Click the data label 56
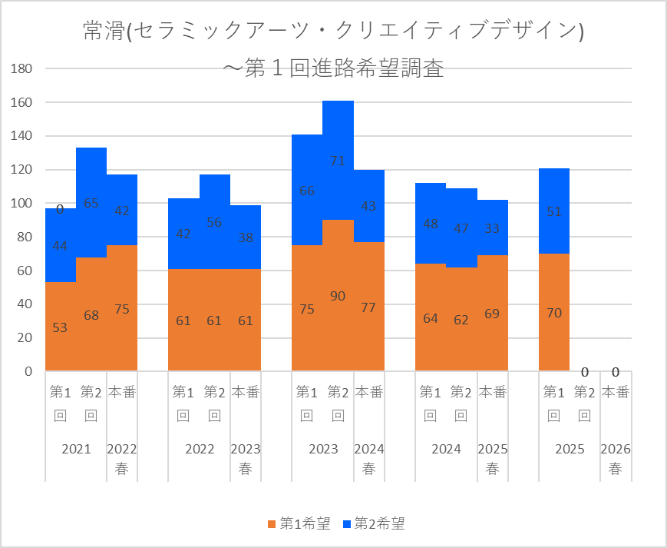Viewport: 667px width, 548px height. (214, 222)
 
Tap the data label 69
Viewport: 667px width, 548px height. (492, 314)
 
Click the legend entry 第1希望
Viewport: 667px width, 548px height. (299, 524)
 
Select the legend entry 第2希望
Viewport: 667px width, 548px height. (374, 524)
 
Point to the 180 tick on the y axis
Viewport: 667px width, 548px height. (21, 68)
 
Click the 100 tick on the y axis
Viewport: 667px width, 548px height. (21, 203)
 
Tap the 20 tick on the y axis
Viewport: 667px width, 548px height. (25, 337)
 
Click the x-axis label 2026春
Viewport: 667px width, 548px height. (615, 459)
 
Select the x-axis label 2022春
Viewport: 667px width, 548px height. (122, 459)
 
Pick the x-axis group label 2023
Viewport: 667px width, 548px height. (322, 450)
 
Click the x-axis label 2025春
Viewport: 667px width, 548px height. (492, 459)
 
